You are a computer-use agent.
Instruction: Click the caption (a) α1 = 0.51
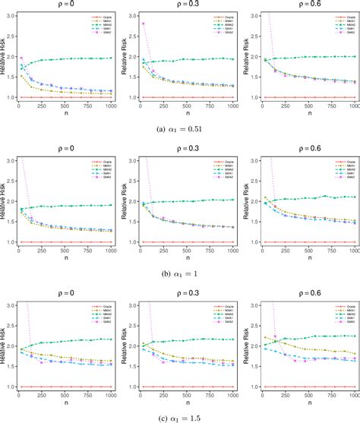click(x=180, y=128)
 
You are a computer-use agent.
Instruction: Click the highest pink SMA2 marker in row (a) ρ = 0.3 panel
click(x=142, y=24)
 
